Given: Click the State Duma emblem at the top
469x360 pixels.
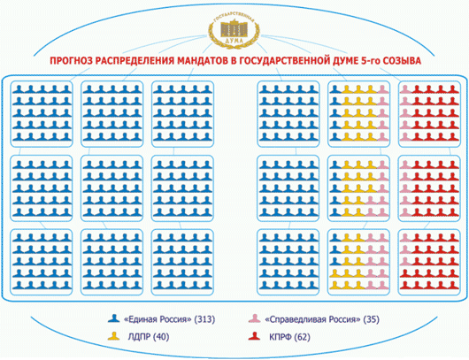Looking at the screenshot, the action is (234, 31).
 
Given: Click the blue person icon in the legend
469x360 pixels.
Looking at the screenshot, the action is (114, 318).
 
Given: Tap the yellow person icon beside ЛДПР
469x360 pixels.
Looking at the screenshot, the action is (114, 336).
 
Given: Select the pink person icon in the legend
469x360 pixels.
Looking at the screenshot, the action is (255, 318).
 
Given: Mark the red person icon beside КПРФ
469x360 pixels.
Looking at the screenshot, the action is (255, 336).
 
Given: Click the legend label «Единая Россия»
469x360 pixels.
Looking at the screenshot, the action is (158, 319).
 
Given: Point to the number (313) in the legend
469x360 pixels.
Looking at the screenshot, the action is (204, 319).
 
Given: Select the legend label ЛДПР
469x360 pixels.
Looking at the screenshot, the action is (139, 337).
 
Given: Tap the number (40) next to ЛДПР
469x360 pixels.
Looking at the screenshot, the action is (161, 337).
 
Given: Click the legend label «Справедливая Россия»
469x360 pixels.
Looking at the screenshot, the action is (312, 319).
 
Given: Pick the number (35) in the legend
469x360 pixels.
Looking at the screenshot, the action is (371, 319).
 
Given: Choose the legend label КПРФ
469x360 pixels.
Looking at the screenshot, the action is (281, 337).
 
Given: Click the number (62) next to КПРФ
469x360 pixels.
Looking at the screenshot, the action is (303, 337).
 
